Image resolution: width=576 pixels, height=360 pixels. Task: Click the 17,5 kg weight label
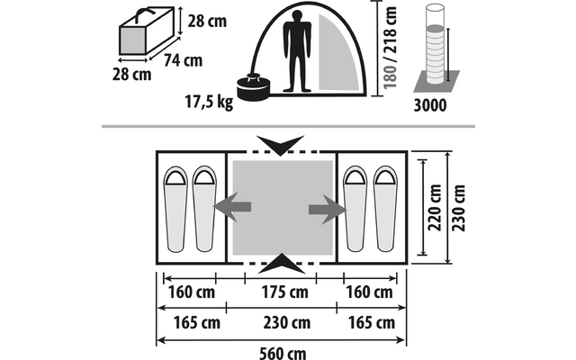click(209, 102)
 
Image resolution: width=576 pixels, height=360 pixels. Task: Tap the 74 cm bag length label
click(183, 60)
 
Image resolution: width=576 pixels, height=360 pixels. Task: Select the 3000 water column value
click(430, 105)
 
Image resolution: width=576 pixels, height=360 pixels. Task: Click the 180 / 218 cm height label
click(390, 48)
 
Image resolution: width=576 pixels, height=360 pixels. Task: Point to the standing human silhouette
click(297, 51)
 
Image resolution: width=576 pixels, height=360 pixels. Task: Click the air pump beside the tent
click(254, 87)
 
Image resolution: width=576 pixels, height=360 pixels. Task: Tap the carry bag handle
click(145, 14)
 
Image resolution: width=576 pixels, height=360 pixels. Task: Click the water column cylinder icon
click(436, 44)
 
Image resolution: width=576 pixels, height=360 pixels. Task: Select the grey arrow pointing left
click(232, 207)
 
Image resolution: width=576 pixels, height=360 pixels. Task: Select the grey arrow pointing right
click(328, 210)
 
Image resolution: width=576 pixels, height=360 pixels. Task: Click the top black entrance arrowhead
click(280, 145)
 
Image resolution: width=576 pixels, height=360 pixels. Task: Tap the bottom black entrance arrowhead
click(282, 264)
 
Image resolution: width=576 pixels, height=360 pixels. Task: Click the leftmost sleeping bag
click(175, 210)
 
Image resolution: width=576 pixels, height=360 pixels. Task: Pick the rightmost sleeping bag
click(385, 209)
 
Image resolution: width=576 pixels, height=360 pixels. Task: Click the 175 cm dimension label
click(284, 292)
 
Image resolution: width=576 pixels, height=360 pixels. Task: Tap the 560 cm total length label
click(283, 354)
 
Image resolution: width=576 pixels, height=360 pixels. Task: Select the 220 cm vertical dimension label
click(435, 208)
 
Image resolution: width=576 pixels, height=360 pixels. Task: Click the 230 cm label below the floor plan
click(287, 323)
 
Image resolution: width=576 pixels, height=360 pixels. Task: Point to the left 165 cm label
click(197, 323)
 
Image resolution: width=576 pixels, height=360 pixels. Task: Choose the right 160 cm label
click(370, 292)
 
